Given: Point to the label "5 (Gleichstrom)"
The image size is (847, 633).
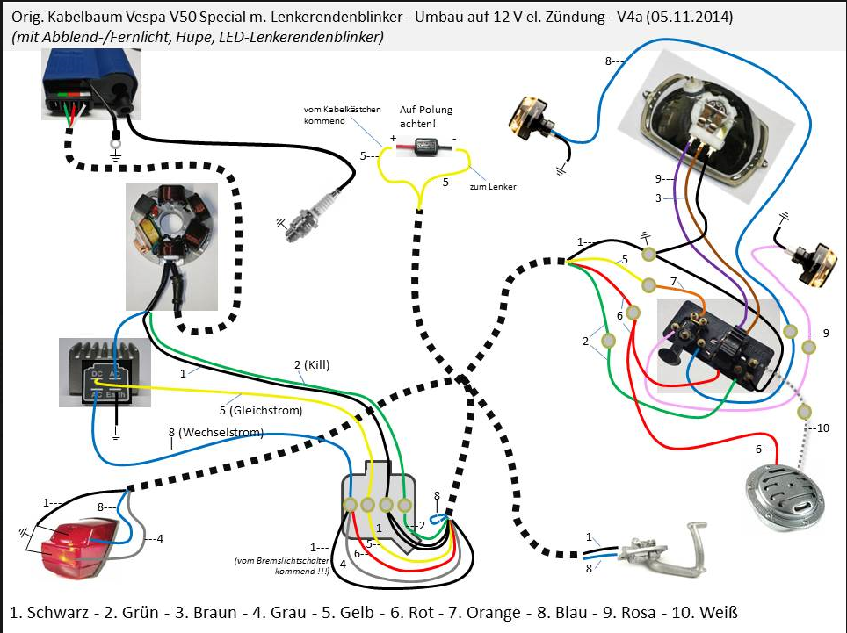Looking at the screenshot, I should (261, 410).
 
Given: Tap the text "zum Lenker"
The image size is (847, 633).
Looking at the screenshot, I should (493, 187).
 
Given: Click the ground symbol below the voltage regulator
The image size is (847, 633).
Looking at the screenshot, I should (115, 433).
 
